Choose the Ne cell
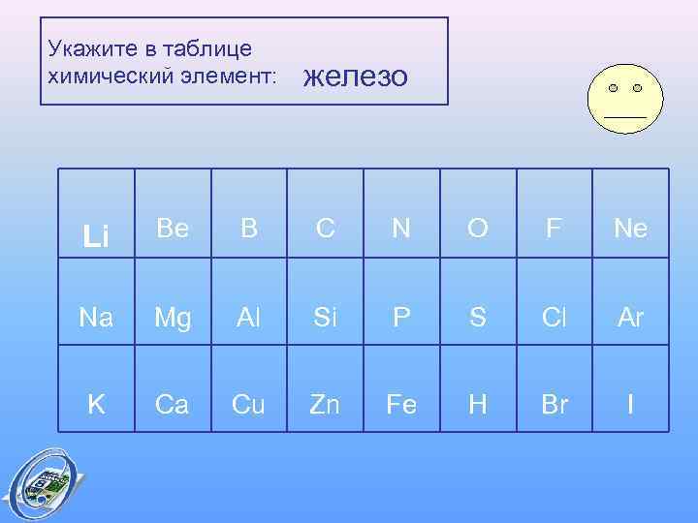click(630, 230)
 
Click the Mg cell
click(172, 318)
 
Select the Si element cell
click(325, 318)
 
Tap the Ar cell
click(630, 318)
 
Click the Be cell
click(172, 230)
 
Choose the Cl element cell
click(555, 318)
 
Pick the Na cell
click(96, 318)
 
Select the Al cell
click(248, 318)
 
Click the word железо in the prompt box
click(356, 77)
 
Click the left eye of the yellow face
click(613, 88)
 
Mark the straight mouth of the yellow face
click(625, 116)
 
